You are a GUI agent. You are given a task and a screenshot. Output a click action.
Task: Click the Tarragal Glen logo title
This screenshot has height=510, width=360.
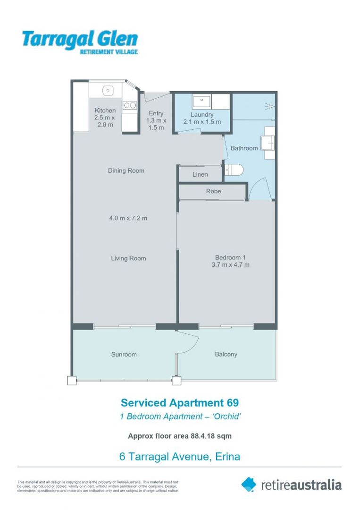[80, 39]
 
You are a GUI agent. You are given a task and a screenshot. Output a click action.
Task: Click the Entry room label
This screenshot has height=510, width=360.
[156, 113]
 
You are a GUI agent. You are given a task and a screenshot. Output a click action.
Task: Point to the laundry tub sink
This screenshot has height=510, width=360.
[201, 101]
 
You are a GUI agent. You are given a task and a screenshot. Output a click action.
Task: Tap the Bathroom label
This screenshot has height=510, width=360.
[244, 148]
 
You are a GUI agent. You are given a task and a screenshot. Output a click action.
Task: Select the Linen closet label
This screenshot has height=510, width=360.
[200, 175]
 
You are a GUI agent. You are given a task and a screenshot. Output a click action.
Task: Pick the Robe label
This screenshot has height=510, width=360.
[213, 191]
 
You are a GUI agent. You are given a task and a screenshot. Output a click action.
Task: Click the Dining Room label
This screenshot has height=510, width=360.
[126, 170]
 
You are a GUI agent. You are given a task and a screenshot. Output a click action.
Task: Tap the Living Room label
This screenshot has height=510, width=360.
[128, 258]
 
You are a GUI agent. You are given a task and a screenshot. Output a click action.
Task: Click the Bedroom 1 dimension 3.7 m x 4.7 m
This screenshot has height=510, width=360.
[230, 264]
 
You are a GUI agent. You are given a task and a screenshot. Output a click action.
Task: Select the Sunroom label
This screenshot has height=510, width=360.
[124, 355]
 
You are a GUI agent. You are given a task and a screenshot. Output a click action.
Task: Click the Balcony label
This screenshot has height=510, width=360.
[226, 354]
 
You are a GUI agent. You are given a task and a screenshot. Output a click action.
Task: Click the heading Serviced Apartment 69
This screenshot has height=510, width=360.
[180, 403]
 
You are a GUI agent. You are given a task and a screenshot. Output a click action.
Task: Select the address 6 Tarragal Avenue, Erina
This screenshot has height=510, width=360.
[180, 457]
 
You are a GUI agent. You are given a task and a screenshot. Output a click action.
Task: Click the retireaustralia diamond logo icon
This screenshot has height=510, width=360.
[249, 484]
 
